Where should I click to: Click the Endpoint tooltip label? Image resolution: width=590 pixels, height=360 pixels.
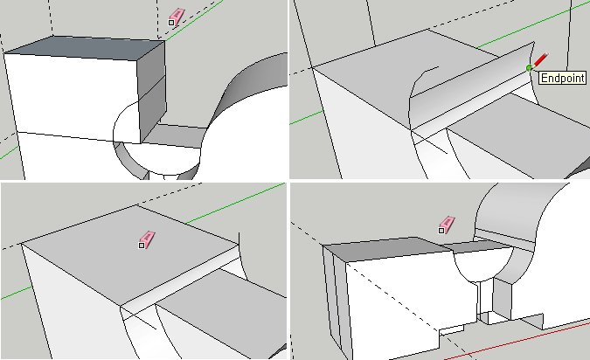click(x=563, y=78)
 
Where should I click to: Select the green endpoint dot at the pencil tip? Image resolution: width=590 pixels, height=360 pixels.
click(x=530, y=67)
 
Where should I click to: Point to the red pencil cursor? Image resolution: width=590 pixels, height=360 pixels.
click(x=539, y=60)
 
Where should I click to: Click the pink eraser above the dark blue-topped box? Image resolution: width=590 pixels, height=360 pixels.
click(x=177, y=16)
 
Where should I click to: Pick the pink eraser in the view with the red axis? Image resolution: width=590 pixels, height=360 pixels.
click(x=448, y=224)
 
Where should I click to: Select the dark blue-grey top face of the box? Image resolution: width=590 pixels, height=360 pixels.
click(x=85, y=48)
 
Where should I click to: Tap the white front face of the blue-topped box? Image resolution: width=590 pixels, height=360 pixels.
click(x=72, y=96)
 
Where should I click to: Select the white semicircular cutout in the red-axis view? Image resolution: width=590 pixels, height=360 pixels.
click(x=482, y=266)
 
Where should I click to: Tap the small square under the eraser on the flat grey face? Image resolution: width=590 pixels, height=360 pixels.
click(x=142, y=246)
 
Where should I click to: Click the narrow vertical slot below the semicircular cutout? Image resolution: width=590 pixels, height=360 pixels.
click(x=485, y=299)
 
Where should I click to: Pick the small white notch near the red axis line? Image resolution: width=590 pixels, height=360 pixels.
click(x=452, y=330)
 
